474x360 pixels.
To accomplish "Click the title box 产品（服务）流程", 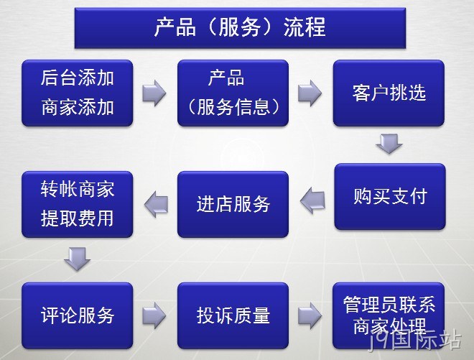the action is point(240,28).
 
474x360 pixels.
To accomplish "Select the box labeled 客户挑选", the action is point(389,93).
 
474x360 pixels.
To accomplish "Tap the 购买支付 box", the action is point(390,197).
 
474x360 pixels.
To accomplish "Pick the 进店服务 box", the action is point(233,204).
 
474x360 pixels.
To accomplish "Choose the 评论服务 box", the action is point(78,315).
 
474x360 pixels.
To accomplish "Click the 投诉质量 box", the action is point(233,315).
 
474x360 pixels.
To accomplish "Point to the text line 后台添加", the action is point(78,78).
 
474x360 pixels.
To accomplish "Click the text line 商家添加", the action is point(78,107).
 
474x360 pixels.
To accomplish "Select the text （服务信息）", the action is point(233,107).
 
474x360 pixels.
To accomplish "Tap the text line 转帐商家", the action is point(78,189).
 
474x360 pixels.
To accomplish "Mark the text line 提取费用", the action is point(78,218).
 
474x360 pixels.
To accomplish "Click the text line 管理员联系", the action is point(389,305).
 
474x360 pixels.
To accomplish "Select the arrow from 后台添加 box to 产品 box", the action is point(154,93).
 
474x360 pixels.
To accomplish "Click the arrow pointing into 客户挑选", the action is point(310,93).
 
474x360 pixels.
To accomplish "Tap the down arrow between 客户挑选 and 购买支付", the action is point(389,144).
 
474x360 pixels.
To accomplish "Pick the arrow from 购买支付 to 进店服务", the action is point(312,200).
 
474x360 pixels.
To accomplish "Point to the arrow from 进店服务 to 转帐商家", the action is point(156,204).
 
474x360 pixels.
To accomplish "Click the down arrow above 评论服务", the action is point(77,259).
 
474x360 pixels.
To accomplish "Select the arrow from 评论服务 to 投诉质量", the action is point(154,315).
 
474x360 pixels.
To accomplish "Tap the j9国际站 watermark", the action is point(415,341).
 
